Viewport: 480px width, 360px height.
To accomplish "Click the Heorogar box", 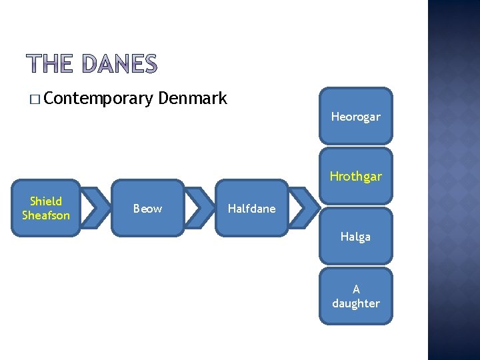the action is (x=355, y=117).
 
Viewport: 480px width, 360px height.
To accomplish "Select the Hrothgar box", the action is (x=355, y=176).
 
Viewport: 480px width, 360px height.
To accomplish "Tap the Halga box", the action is (x=355, y=236).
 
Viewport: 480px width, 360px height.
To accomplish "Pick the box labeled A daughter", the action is (x=355, y=296).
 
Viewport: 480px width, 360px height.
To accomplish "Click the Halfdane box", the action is (x=251, y=208).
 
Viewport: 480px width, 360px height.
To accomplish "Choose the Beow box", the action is (x=147, y=208).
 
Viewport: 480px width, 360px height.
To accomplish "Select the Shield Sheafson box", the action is (x=45, y=208).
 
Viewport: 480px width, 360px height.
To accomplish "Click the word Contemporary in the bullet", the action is (x=100, y=99).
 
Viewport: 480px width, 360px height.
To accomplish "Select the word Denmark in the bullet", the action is (x=193, y=99).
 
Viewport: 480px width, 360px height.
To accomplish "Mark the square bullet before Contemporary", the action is (x=34, y=100).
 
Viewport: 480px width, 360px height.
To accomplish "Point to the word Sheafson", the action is (x=45, y=215).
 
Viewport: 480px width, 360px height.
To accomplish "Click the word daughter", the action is (x=356, y=303).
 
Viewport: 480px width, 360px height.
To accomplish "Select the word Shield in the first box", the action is (x=46, y=201).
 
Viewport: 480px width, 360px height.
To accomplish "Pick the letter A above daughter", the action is (x=356, y=289).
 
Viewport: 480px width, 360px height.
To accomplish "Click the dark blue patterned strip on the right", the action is (x=453, y=180).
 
